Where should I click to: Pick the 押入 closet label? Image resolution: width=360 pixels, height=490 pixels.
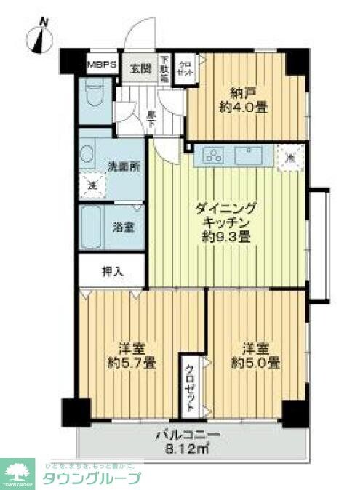[111, 273]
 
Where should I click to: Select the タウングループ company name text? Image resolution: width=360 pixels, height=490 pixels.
[94, 479]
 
